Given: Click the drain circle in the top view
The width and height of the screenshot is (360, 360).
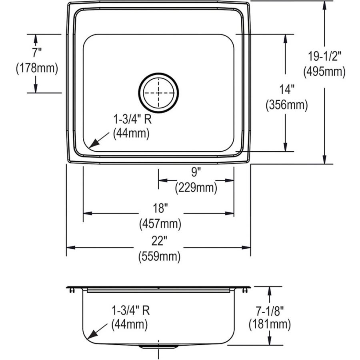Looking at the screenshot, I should pos(159,92).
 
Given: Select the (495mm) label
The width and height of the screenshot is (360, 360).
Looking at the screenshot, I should pos(324,72).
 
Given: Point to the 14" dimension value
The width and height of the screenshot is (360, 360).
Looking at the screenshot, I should pos(286,89).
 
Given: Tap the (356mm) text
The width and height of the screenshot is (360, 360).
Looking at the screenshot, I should pos(286,105).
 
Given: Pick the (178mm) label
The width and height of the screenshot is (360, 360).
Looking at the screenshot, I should pos(37,68).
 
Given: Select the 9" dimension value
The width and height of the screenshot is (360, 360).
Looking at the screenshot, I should pos(196,173).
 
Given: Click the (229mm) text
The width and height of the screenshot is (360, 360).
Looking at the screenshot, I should pos(196,187).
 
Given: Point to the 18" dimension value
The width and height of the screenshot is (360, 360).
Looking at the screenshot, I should pos(160,208).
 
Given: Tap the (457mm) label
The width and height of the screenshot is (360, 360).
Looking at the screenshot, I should pos(160,224).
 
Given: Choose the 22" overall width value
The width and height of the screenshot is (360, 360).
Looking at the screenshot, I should pos(159,241).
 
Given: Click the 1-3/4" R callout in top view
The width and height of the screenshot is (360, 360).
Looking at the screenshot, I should pos(132,119).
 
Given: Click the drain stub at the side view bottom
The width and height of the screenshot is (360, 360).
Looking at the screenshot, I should pos(159,346).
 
